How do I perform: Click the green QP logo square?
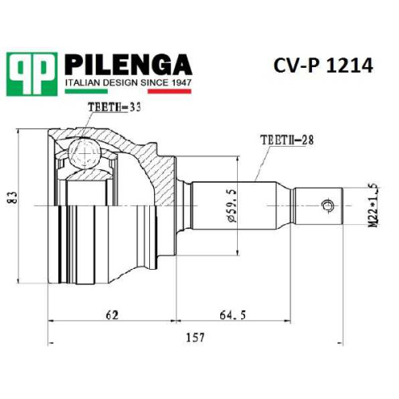[32, 74]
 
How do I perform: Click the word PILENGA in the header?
[128, 65]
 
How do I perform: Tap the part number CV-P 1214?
[323, 65]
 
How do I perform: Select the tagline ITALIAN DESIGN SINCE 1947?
[128, 83]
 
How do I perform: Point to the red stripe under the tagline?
[169, 91]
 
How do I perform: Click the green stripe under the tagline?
[86, 91]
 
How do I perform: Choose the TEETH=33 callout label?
[114, 107]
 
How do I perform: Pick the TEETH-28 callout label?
[287, 140]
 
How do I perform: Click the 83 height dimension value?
[13, 197]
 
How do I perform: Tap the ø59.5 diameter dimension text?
[231, 206]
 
